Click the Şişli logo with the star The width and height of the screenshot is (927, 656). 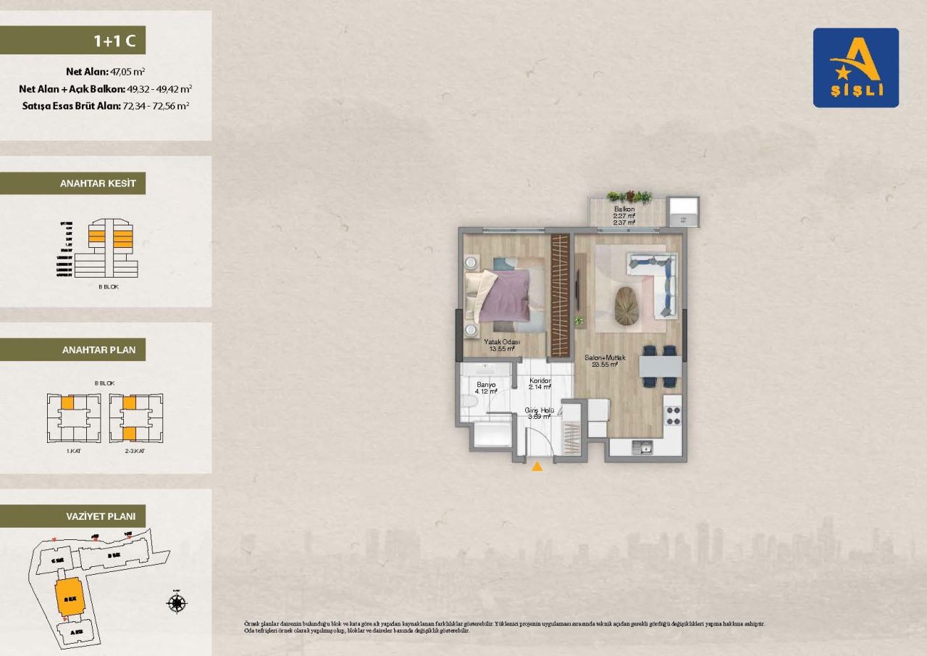click(855, 67)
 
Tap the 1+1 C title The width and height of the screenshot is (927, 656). click(114, 41)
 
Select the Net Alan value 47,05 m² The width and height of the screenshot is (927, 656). click(127, 72)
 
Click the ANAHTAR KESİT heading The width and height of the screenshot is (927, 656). click(98, 183)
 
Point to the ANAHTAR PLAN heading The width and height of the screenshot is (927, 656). click(98, 350)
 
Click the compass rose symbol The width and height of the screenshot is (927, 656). click(177, 602)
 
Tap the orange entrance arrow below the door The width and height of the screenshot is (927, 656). click(537, 467)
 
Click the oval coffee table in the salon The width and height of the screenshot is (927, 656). click(628, 306)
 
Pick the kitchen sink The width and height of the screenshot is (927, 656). click(642, 448)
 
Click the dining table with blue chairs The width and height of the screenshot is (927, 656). click(660, 367)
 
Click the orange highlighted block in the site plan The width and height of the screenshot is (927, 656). click(70, 596)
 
